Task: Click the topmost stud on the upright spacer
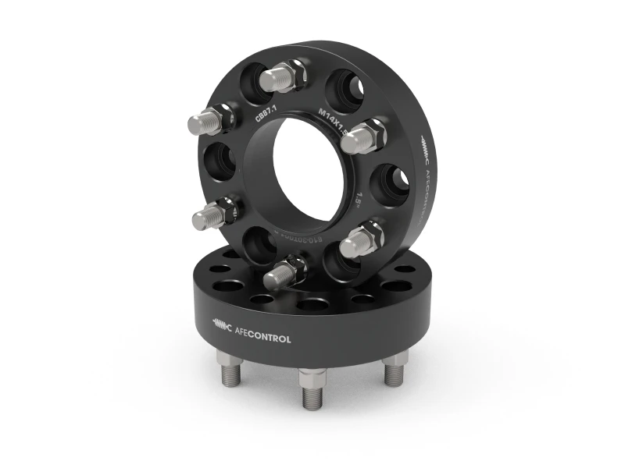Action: tap(283, 76)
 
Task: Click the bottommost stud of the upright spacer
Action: tap(283, 272)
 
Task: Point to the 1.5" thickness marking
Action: tap(361, 193)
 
